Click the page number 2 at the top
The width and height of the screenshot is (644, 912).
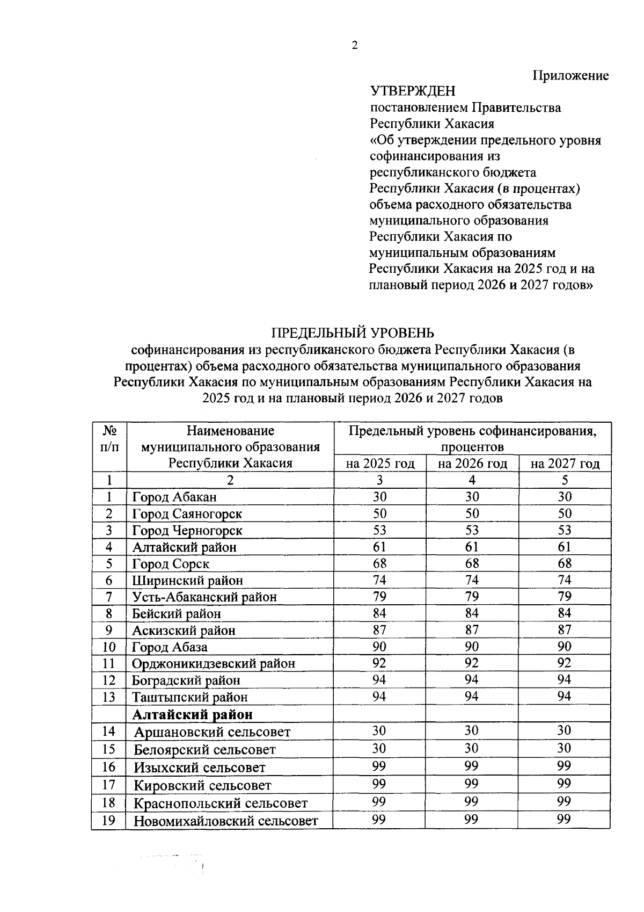[355, 46]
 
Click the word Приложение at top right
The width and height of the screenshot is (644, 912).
[570, 76]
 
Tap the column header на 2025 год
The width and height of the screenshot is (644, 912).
[380, 464]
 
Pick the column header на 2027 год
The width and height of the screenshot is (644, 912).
[565, 464]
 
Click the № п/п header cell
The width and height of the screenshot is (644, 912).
[109, 439]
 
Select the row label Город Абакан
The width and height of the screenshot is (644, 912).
[174, 497]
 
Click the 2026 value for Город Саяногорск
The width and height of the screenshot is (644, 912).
[472, 513]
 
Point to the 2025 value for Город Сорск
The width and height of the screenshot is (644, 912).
[379, 563]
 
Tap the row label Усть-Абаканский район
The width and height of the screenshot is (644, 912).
[204, 597]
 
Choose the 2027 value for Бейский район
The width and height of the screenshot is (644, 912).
[565, 613]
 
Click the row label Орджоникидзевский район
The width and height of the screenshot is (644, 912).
[213, 663]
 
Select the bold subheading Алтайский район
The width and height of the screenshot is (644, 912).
[192, 714]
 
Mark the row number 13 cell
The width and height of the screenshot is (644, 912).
[109, 697]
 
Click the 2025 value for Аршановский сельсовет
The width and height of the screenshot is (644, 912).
[379, 731]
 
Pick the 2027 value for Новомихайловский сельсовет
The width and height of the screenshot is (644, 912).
[564, 820]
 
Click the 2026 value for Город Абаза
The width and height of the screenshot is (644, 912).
[472, 647]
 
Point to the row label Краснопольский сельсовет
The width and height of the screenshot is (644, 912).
[221, 804]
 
